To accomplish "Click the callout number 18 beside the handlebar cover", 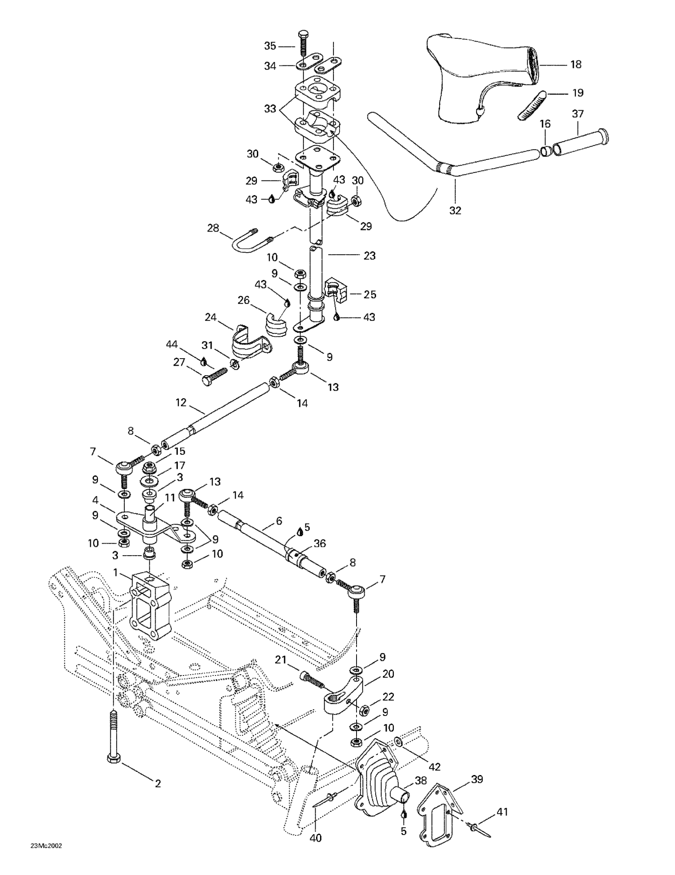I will point(575,65).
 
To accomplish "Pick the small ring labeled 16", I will point(545,151).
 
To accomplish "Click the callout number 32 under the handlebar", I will point(455,210).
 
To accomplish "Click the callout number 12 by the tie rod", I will point(181,402).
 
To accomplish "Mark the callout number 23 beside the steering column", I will point(369,255).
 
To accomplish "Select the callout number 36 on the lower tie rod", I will point(320,543).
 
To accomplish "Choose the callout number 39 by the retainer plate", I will point(477,779).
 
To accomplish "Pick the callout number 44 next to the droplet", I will point(172,344).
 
